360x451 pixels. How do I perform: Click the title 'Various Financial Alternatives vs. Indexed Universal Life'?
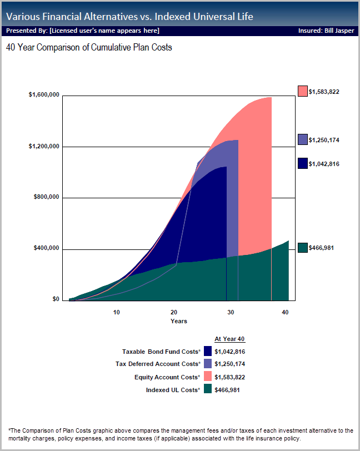pos(129,17)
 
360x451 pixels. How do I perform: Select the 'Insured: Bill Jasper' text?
pos(326,31)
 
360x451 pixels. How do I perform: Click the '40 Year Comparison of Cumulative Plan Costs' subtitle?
pos(89,48)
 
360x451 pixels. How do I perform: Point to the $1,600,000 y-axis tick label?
pos(44,95)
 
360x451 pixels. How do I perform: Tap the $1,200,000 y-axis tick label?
pos(44,146)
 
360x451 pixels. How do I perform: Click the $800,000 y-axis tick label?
pos(46,197)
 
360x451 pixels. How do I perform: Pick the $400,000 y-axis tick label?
pos(46,248)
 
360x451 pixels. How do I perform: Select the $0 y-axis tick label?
pos(56,299)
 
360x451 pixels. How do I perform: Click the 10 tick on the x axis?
pos(117,313)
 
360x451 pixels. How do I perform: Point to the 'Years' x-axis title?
pos(179,321)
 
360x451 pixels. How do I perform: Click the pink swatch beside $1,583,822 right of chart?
pos(303,91)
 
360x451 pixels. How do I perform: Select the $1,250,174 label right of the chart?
pos(324,140)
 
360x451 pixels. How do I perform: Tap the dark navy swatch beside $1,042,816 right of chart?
pos(303,163)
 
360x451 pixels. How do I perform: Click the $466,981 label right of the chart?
pos(322,248)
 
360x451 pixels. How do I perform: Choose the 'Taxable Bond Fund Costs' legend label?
pos(161,352)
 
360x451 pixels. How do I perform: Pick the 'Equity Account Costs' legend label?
pos(166,377)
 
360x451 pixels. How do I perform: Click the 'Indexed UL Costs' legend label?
pos(172,390)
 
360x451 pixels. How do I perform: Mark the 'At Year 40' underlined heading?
pos(229,339)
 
